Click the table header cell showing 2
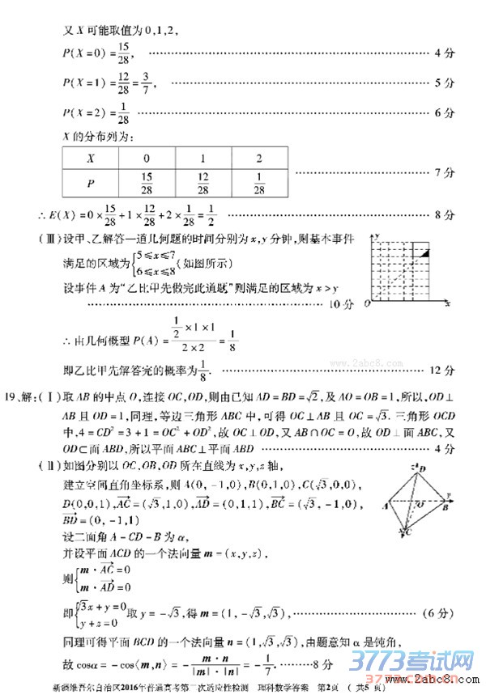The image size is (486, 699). pyautogui.click(x=258, y=159)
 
